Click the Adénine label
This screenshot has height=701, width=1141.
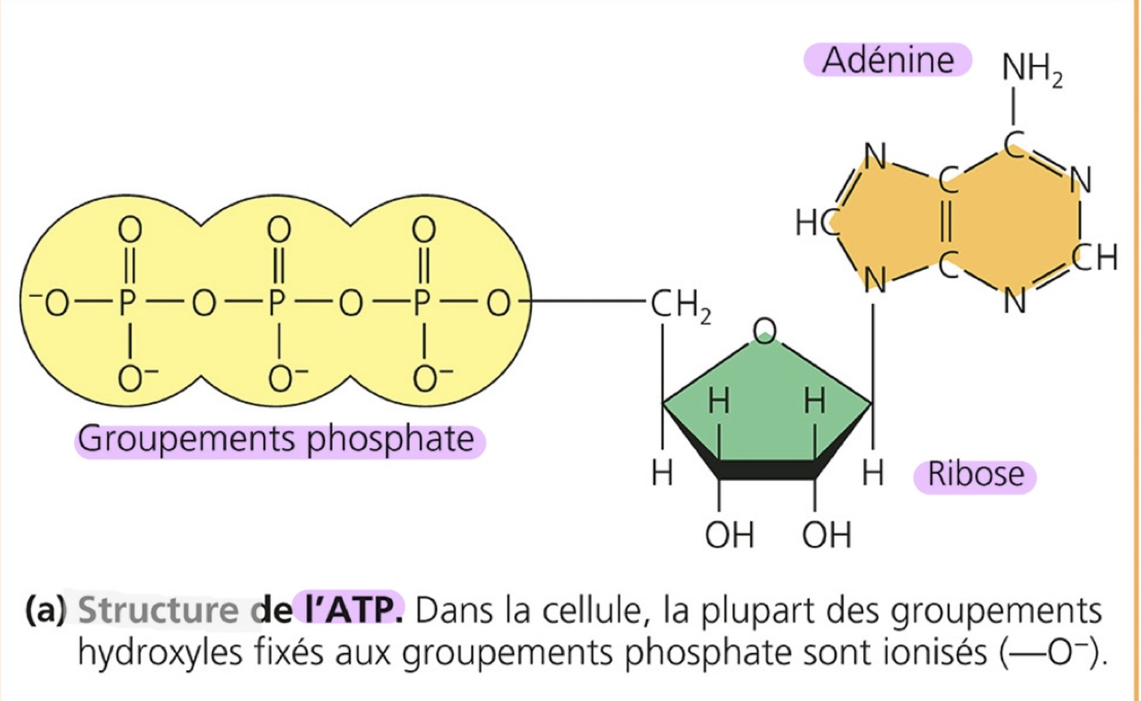(887, 61)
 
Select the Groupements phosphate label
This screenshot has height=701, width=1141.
(276, 440)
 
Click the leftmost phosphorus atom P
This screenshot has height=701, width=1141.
(129, 304)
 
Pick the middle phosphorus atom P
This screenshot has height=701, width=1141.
(276, 304)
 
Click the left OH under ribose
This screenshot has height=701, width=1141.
(730, 536)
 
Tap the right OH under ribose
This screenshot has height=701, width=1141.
(827, 536)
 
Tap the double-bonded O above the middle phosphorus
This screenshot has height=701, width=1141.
(276, 229)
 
